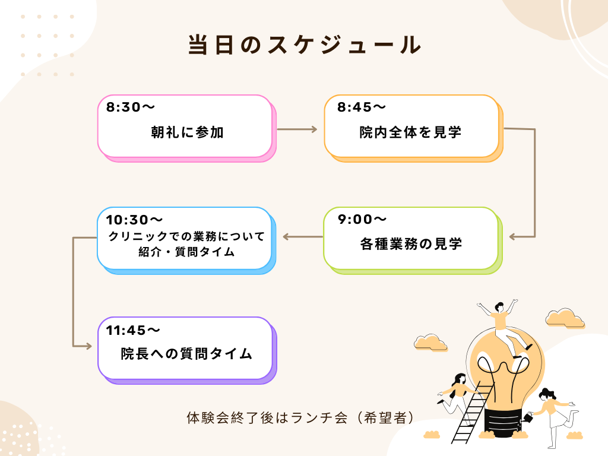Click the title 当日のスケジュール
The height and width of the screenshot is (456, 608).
(305, 45)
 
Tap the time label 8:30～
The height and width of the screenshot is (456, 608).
(130, 107)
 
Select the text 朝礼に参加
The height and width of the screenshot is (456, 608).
(187, 132)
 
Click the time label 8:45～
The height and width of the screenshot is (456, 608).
(362, 107)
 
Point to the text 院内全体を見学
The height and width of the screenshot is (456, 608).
(411, 132)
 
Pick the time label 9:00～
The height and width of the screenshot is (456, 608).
(362, 219)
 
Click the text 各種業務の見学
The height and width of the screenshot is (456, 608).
(411, 244)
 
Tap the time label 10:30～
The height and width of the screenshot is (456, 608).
(134, 220)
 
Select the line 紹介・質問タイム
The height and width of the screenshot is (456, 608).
(186, 252)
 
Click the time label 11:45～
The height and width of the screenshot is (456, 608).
(133, 330)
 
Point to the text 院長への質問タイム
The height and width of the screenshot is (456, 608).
(186, 354)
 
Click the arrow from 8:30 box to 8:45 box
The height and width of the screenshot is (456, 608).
(297, 129)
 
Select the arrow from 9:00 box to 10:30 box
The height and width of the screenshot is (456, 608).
(303, 236)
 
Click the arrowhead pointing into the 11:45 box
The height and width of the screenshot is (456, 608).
(88, 346)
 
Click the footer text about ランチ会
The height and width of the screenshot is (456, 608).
(300, 417)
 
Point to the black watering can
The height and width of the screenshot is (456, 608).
(528, 417)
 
